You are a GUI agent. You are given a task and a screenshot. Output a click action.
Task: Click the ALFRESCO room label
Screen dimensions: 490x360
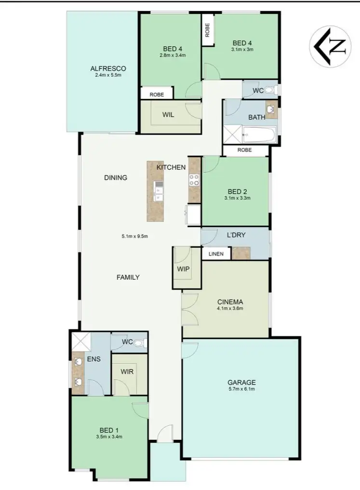tap(108, 68)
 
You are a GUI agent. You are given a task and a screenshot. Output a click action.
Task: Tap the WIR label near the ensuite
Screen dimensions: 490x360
tap(128, 372)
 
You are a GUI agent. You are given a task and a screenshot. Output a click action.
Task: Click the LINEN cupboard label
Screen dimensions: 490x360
tap(216, 254)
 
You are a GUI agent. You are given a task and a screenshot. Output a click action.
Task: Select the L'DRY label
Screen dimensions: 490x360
tap(236, 235)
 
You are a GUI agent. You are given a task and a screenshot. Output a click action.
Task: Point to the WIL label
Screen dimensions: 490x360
tap(168, 115)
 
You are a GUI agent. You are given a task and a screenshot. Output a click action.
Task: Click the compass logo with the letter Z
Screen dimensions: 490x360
tap(330, 46)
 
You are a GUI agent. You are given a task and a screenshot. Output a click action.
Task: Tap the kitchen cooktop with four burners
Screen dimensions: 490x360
tap(195, 179)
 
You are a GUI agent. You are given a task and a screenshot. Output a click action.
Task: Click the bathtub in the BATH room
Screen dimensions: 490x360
tap(259, 133)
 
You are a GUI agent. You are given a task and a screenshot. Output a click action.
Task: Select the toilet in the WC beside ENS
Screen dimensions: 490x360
tap(139, 343)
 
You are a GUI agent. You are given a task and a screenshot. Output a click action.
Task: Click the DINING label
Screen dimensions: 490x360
tap(116, 177)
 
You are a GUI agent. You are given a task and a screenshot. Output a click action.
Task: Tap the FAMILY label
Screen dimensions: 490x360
tap(128, 277)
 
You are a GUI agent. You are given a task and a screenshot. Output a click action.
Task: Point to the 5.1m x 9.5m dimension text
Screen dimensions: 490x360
tap(134, 236)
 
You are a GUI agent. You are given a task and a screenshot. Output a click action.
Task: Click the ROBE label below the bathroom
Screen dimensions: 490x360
tap(244, 150)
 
